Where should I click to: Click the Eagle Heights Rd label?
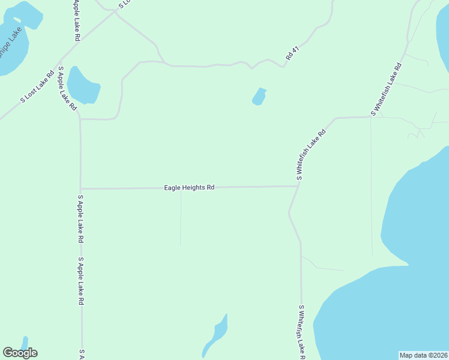(190, 188)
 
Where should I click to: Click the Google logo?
(20, 353)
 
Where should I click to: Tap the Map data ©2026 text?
(423, 355)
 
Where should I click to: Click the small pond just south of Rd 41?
(259, 96)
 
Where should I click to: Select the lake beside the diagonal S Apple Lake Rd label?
(83, 86)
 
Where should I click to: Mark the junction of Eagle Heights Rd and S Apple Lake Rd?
(81, 188)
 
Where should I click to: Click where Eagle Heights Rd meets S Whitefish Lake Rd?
(299, 186)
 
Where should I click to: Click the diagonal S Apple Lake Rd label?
(67, 88)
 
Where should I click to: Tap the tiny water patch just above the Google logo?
(25, 342)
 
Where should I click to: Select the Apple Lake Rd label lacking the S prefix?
(77, 20)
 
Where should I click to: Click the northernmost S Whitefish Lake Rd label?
(385, 88)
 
